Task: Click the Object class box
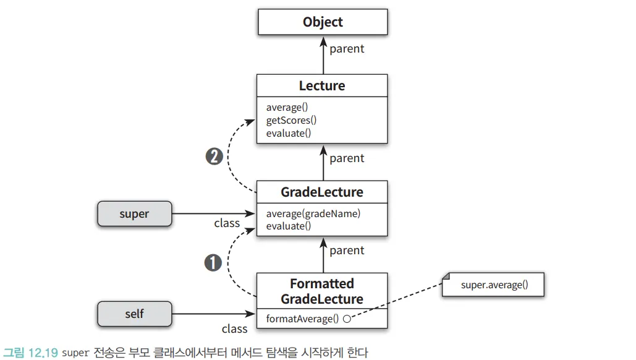tap(323, 22)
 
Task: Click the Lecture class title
tap(322, 85)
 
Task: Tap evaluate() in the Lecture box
tap(289, 133)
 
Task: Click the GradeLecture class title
tap(322, 192)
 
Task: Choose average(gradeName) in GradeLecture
tap(313, 213)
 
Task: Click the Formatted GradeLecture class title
tap(322, 291)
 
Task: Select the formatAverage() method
tap(303, 319)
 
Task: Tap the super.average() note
tap(494, 286)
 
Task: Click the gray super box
tap(134, 214)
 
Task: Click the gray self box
tap(134, 314)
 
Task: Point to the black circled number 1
tap(213, 263)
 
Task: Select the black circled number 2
tap(214, 157)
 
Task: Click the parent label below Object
tap(347, 49)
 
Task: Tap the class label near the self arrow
tap(234, 328)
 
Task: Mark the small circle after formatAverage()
tap(347, 319)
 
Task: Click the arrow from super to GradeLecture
tap(213, 214)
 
